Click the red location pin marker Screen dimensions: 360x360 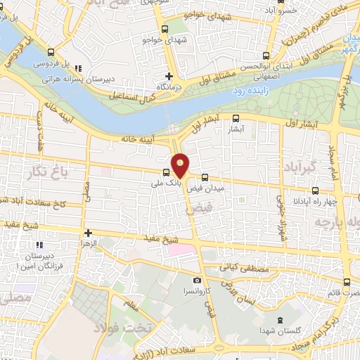pos(181,165)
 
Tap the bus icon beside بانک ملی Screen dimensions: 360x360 pos(166,172)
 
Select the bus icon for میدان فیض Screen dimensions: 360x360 pos(205,178)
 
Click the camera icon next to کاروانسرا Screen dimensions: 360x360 pos(198,281)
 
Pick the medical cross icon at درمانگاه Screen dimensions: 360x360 pos(169,76)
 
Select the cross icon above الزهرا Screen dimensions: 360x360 pos(88,233)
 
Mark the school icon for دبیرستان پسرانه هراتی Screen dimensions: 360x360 pos(77,68)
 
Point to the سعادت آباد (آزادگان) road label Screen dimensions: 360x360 pos(169,347)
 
